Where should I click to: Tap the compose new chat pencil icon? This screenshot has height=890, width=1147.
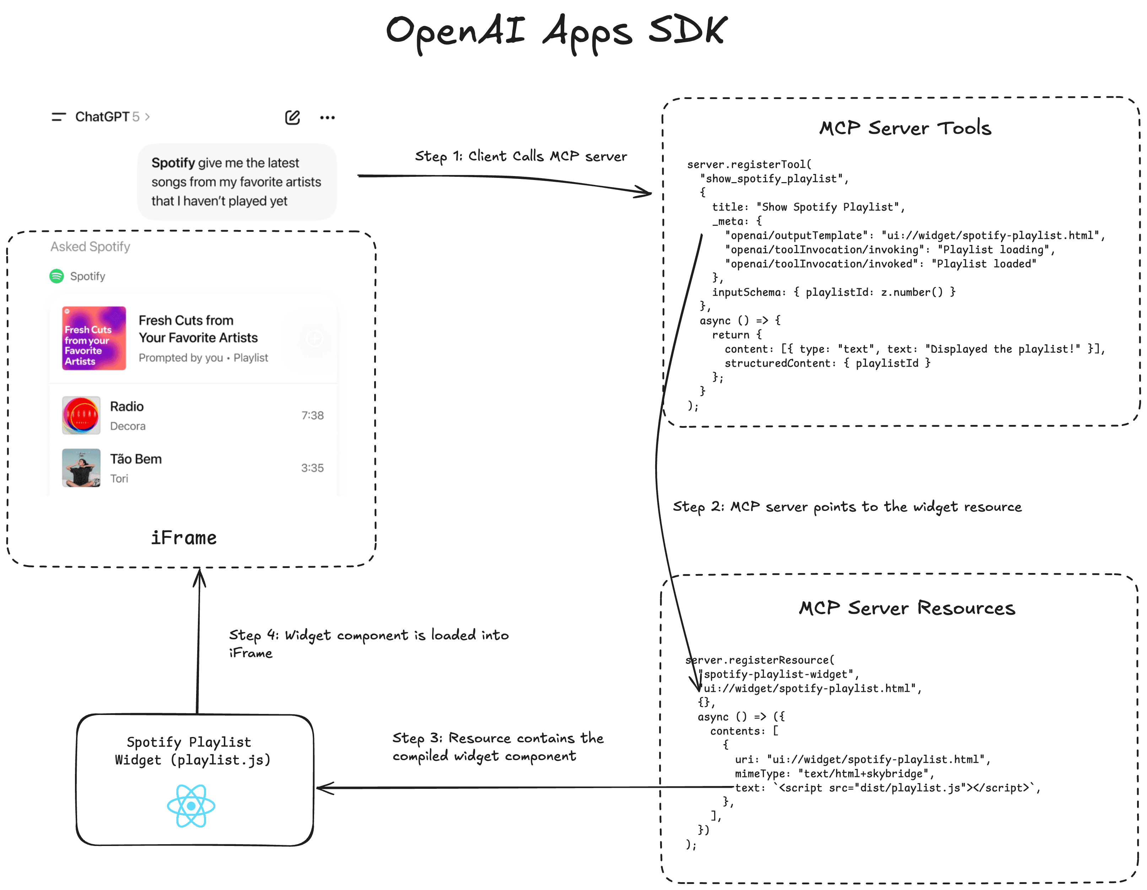[292, 118]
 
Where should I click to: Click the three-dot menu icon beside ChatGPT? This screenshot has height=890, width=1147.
[327, 118]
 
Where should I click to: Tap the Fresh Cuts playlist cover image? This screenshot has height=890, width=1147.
[94, 338]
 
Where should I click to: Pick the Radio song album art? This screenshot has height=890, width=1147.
[81, 415]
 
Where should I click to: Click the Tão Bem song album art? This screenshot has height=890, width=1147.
[81, 468]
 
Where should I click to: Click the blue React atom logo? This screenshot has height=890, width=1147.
[191, 806]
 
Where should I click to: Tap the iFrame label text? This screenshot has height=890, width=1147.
[184, 538]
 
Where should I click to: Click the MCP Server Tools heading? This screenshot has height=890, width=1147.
[905, 128]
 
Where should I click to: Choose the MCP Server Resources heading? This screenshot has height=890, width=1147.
[907, 608]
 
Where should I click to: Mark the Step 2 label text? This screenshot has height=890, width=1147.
[847, 507]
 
